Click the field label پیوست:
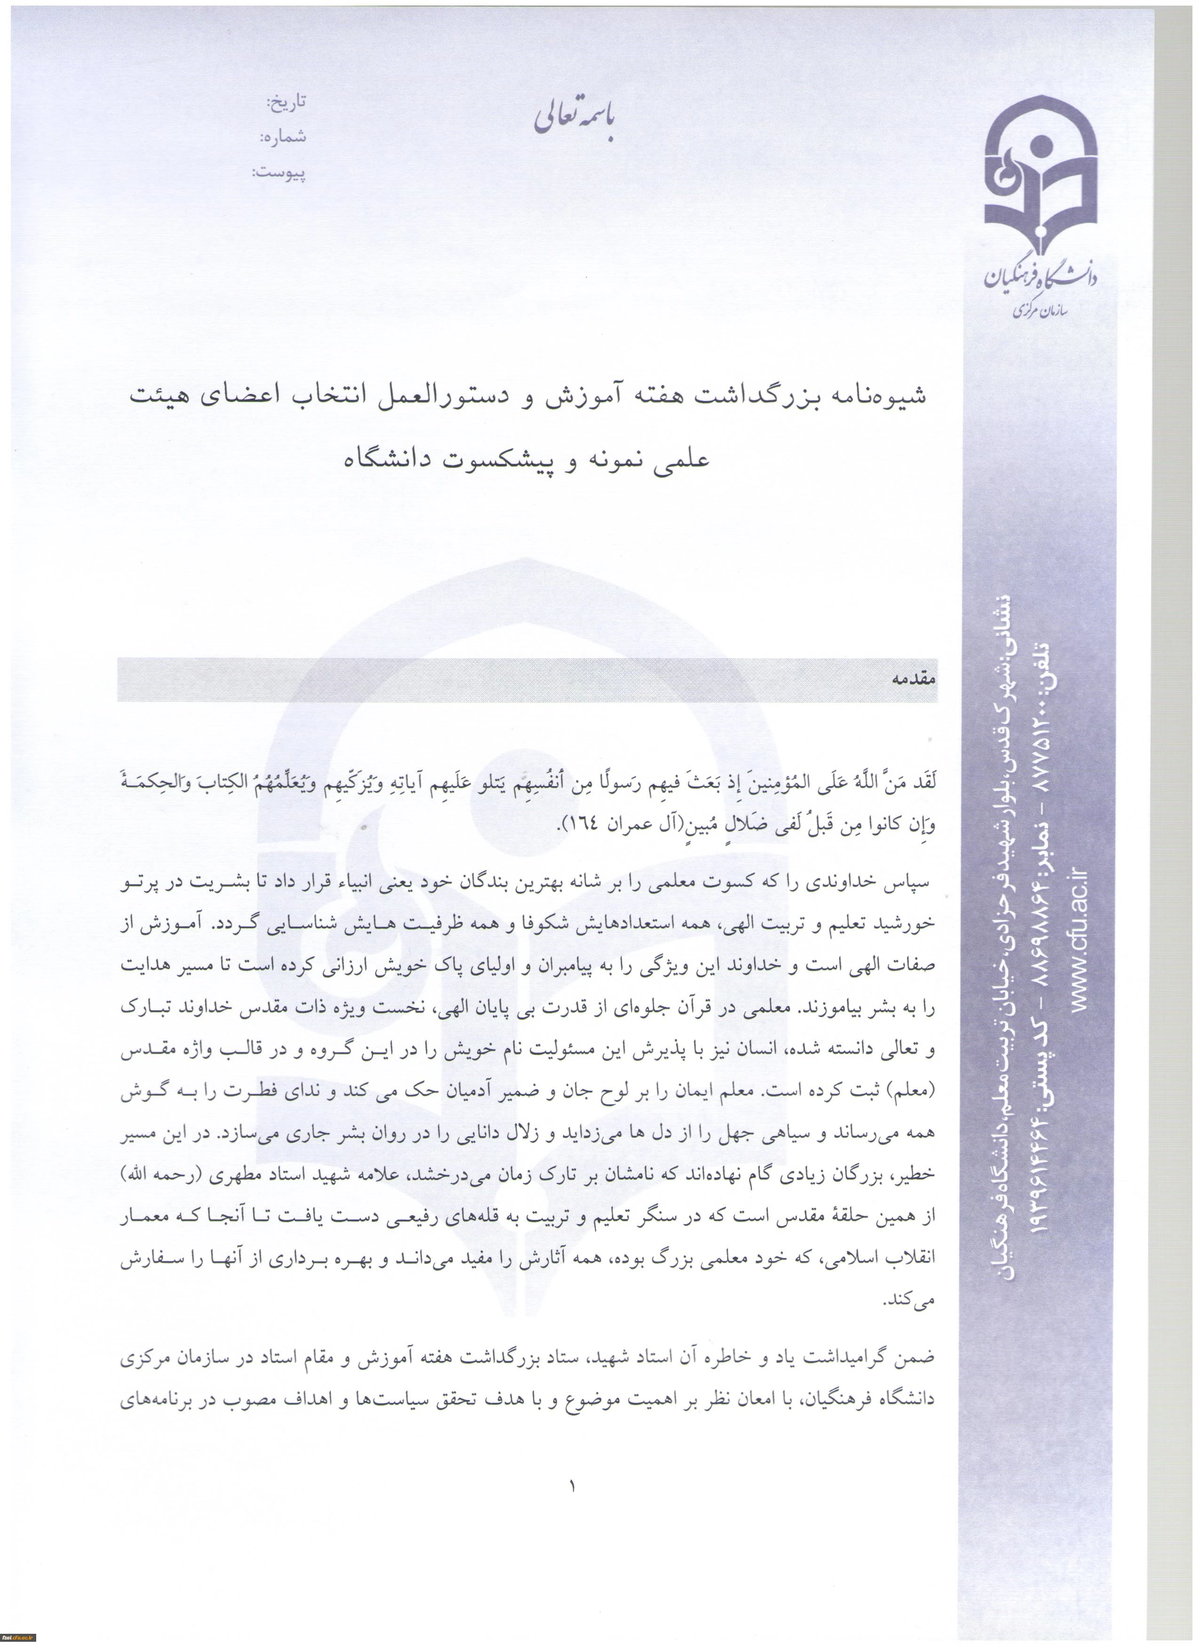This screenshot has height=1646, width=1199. [279, 173]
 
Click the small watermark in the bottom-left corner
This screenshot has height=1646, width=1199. [18, 1638]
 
